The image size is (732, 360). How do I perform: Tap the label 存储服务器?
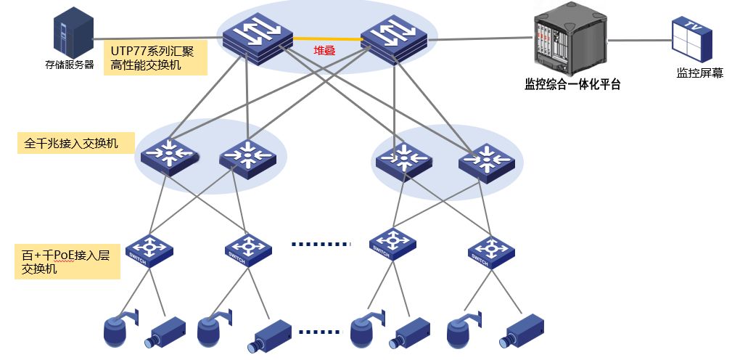[x=70, y=65]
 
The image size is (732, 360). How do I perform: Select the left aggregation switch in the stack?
[x=255, y=38]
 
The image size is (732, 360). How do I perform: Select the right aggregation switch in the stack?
[x=395, y=38]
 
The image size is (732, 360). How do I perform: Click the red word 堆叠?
[x=324, y=50]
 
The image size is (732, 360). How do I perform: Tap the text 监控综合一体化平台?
[x=572, y=84]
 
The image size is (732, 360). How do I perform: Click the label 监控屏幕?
[x=699, y=73]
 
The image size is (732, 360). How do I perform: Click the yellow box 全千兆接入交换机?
[x=76, y=143]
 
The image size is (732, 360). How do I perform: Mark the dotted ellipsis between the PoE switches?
[x=320, y=245]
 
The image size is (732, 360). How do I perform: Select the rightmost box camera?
[x=524, y=332]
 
